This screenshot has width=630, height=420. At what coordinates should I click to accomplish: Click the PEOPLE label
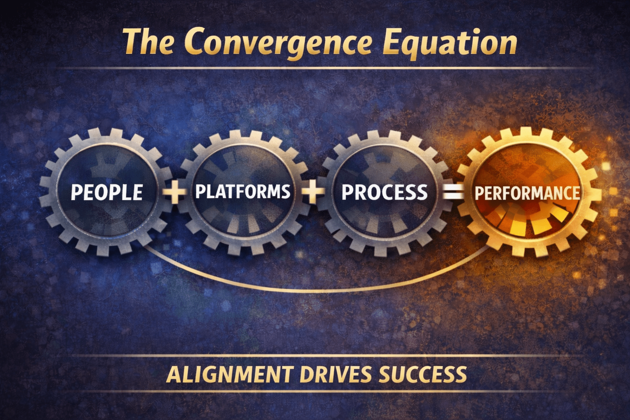[x=107, y=192]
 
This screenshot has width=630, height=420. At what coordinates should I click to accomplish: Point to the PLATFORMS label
[x=243, y=192]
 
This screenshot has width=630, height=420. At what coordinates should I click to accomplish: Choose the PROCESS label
[x=384, y=192]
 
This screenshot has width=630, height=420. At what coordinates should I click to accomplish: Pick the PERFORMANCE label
[x=527, y=193]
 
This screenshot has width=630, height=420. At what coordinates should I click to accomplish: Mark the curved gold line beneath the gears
[x=316, y=290]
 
